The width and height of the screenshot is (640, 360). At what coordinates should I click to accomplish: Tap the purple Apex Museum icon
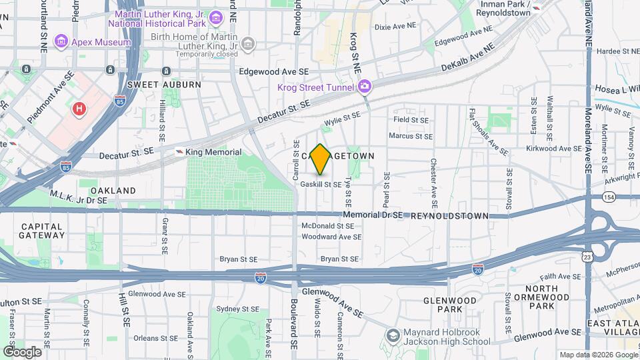click(x=61, y=42)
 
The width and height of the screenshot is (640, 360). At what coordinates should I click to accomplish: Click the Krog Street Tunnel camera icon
click(x=365, y=86)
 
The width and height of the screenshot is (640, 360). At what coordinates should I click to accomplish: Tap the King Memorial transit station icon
click(x=179, y=152)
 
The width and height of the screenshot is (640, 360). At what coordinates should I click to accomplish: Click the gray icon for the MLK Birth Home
click(x=249, y=44)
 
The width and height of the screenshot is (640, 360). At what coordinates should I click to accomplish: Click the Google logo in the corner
click(x=22, y=351)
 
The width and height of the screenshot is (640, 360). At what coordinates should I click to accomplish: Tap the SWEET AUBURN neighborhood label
click(x=155, y=85)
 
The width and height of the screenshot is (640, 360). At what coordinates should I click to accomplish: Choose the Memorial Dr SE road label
click(x=373, y=215)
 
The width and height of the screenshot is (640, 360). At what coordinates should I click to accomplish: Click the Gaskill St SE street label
click(x=321, y=184)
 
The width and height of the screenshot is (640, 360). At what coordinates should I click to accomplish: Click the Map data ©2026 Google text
click(x=598, y=355)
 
